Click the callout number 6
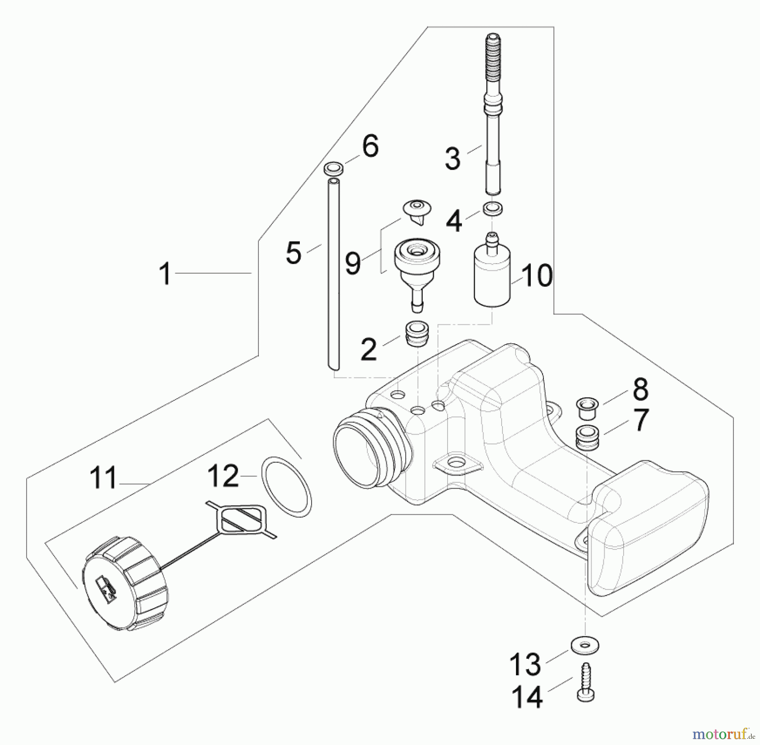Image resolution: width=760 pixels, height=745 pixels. click(370, 147)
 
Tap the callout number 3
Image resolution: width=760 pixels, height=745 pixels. click(453, 159)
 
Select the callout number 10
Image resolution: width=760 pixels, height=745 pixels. click(537, 276)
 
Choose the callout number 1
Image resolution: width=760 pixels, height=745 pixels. click(165, 273)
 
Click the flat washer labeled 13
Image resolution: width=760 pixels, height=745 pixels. click(585, 645)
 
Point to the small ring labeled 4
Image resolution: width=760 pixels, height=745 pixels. click(493, 208)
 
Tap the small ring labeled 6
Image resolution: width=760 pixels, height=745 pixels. click(334, 169)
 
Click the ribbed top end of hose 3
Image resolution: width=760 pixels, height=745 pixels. click(494, 55)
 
